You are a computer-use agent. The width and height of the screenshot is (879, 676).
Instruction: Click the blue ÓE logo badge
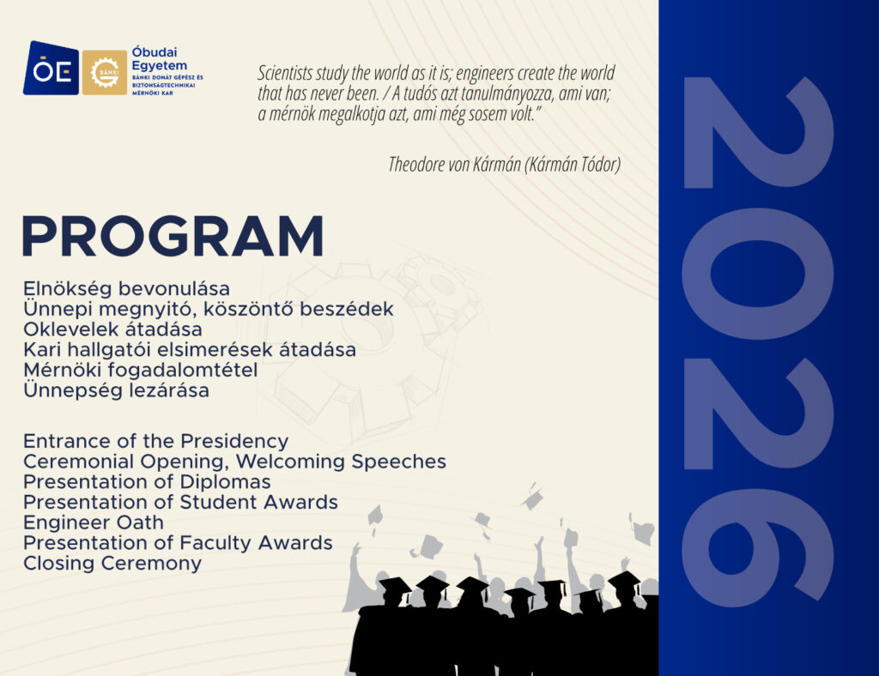click(x=51, y=68)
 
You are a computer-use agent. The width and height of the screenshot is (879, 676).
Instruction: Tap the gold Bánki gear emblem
click(x=104, y=72)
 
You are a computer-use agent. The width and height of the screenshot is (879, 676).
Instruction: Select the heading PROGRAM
click(x=173, y=236)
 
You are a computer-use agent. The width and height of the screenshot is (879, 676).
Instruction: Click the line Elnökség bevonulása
click(x=127, y=289)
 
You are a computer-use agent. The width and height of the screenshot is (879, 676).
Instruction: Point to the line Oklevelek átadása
click(x=112, y=329)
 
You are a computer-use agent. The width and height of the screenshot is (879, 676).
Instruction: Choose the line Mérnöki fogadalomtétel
click(x=141, y=371)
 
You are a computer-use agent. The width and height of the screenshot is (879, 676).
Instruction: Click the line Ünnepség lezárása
click(x=117, y=390)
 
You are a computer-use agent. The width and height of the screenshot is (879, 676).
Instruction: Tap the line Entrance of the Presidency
click(x=156, y=441)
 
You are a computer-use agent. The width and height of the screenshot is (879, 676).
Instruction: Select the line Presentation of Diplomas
click(x=147, y=481)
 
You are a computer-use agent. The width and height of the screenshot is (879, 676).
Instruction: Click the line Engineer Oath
click(x=94, y=522)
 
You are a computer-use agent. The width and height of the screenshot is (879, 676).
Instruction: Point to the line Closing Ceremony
click(x=112, y=564)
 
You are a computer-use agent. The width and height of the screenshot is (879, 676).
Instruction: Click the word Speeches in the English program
click(x=398, y=462)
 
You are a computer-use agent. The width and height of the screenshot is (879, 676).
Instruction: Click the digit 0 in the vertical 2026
click(x=757, y=273)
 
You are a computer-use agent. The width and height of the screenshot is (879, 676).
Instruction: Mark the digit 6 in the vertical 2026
click(x=757, y=547)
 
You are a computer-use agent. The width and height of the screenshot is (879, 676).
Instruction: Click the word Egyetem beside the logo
click(x=159, y=65)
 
